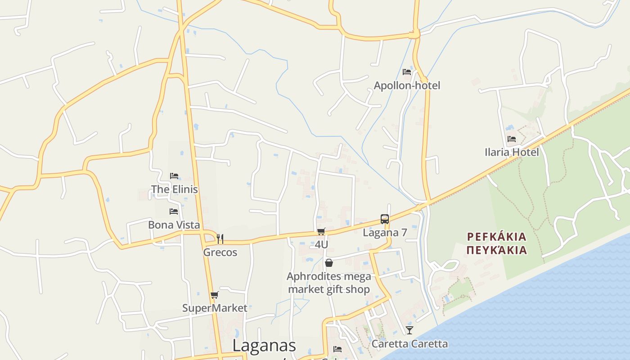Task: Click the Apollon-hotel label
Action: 407,85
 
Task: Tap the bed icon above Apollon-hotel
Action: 407,72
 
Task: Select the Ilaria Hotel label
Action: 512,152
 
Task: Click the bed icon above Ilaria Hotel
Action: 512,139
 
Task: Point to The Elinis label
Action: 174,189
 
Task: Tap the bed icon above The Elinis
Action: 174,176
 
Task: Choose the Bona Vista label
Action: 174,225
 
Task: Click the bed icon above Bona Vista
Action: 174,211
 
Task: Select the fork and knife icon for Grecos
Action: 220,238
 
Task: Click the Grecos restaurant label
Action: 220,252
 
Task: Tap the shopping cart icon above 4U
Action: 321,232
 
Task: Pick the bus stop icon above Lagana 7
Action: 385,219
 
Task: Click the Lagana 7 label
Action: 385,233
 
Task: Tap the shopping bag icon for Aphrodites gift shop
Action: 329,263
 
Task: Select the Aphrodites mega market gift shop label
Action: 329,283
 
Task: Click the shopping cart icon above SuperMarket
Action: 215,295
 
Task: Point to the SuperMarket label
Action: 215,308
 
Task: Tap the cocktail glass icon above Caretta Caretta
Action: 409,330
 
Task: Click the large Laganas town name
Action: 264,346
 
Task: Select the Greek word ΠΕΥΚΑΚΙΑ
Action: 496,250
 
